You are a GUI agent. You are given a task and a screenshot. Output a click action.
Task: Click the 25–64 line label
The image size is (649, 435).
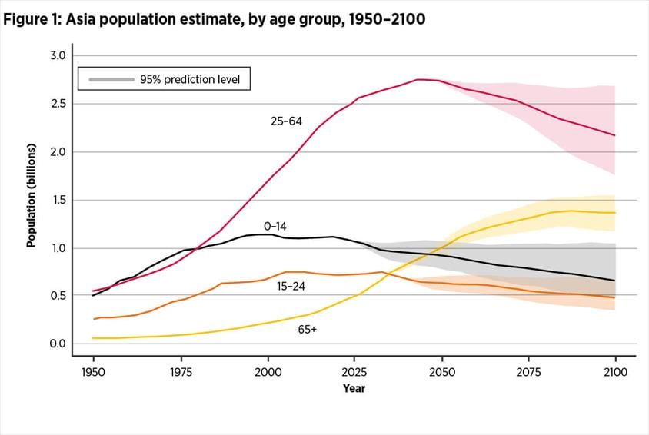pos(286,121)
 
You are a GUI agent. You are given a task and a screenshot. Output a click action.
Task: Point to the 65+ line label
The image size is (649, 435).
pos(308,329)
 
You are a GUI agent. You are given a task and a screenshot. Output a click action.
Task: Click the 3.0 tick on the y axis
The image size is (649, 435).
pos(58,56)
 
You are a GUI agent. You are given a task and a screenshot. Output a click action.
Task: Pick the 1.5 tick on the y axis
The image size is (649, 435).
pos(58,200)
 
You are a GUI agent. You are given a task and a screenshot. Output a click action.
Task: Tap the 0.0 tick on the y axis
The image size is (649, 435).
pos(58,344)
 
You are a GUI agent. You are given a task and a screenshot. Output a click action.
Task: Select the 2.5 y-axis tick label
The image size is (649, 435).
pos(58,104)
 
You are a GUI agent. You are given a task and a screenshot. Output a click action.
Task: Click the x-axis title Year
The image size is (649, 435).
pos(354,389)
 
